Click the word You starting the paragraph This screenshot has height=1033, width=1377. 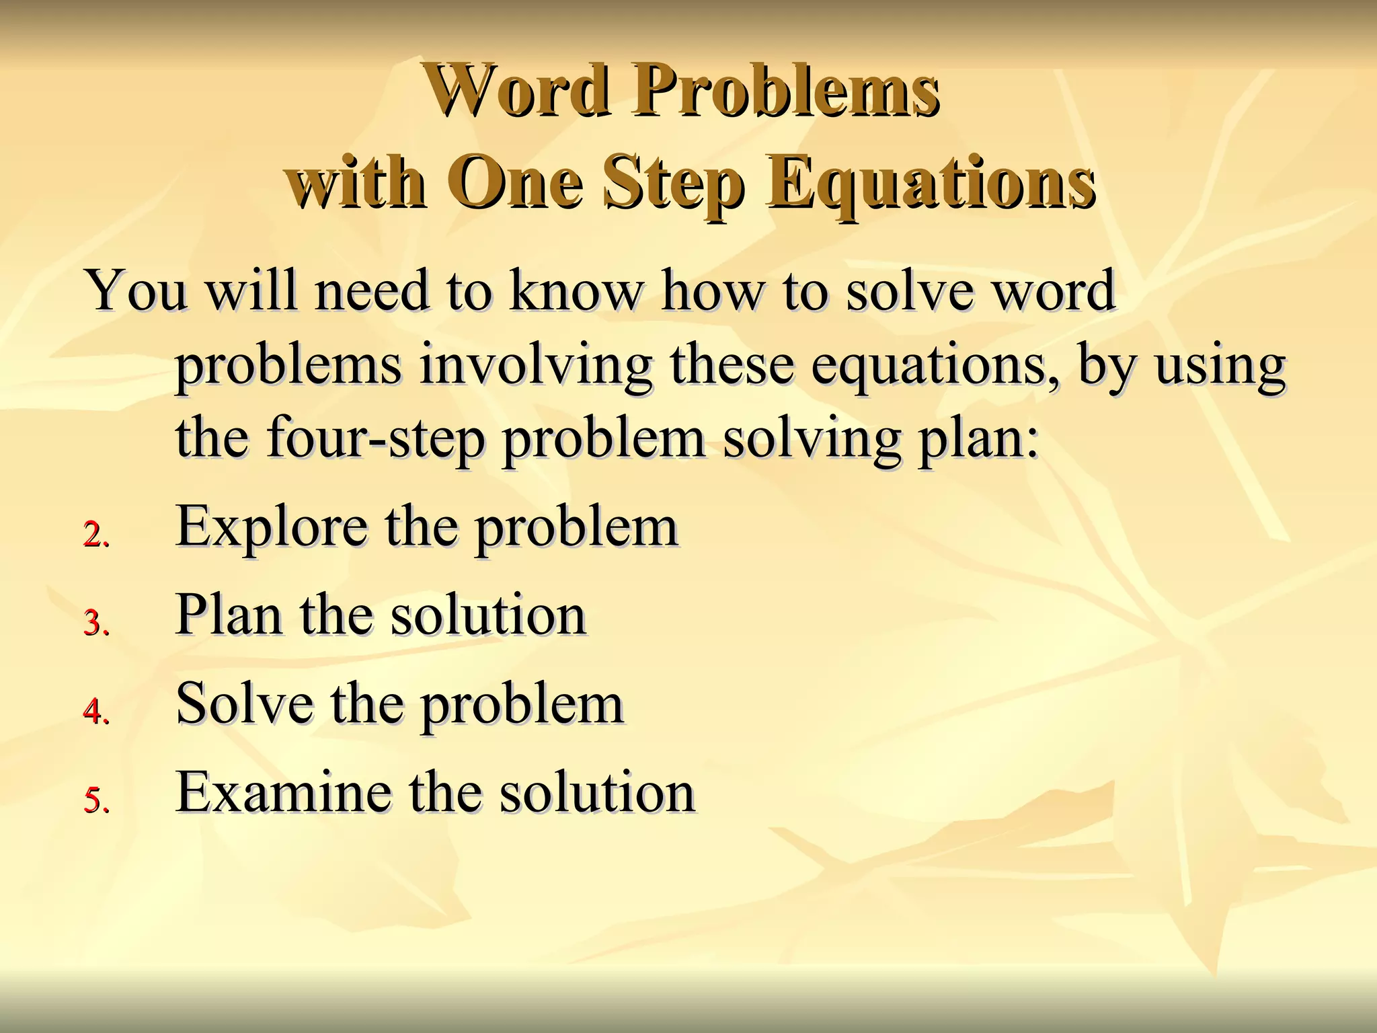(x=136, y=291)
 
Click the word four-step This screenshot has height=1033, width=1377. (x=376, y=439)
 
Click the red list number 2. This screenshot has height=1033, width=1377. (x=95, y=535)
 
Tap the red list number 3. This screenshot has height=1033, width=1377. (x=95, y=623)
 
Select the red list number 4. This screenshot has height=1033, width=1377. (x=95, y=712)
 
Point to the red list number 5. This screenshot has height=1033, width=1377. (x=95, y=801)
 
